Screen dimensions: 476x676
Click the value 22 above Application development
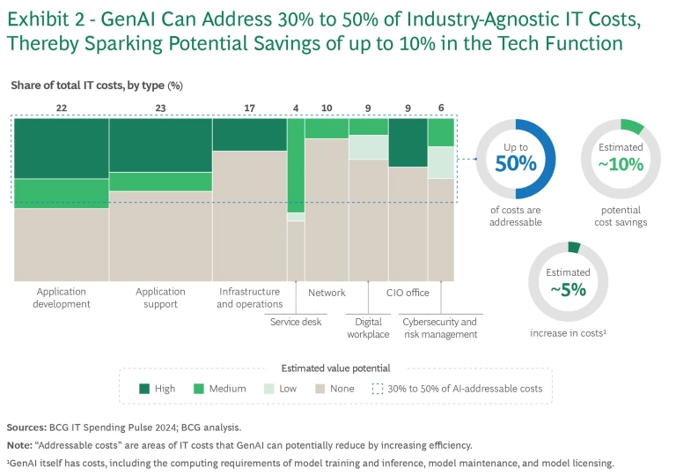(x=61, y=108)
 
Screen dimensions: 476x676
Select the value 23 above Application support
(x=160, y=108)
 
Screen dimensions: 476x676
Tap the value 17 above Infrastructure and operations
(x=249, y=108)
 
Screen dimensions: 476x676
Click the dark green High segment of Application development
(x=61, y=148)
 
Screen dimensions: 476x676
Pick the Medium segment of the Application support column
(x=160, y=182)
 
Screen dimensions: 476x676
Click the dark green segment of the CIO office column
(x=408, y=142)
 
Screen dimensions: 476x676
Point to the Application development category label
(x=61, y=298)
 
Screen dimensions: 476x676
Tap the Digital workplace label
(x=367, y=328)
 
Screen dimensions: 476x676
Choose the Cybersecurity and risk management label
(x=440, y=328)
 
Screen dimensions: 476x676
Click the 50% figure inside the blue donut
(x=515, y=163)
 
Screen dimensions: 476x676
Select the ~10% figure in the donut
(x=621, y=164)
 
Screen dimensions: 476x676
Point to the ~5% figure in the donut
(x=568, y=289)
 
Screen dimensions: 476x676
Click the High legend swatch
(x=143, y=388)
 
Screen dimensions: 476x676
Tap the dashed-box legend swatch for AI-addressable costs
(x=378, y=388)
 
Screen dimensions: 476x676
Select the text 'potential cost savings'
(x=621, y=216)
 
